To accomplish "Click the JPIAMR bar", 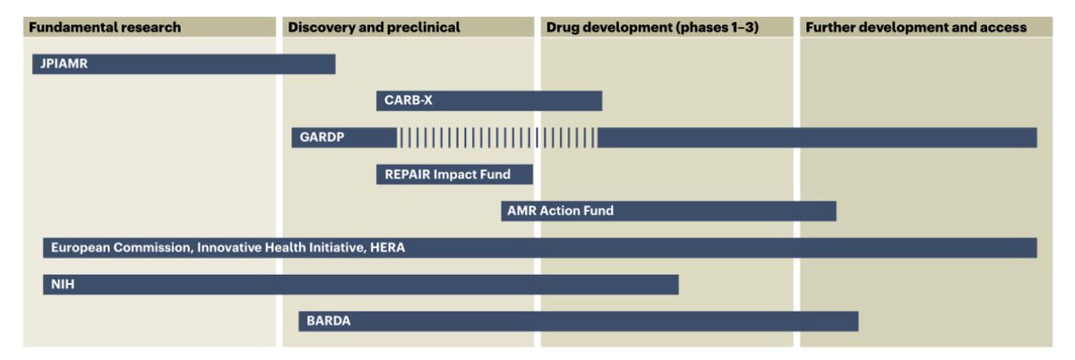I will click(184, 64).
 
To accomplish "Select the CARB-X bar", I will click(488, 100).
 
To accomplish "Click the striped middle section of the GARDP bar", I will click(497, 138).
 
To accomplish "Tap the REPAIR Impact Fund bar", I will click(454, 175).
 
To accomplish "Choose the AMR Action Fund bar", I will click(668, 211).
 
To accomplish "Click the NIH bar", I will click(360, 285).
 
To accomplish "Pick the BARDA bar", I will click(578, 321).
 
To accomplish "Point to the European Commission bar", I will click(539, 248).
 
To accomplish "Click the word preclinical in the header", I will click(424, 27).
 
